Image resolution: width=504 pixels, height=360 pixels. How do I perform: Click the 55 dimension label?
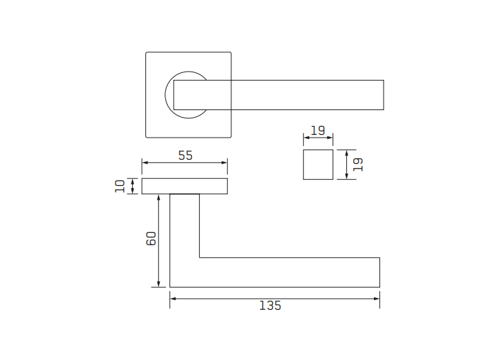(185, 156)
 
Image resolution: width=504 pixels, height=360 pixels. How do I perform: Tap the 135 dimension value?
(270, 306)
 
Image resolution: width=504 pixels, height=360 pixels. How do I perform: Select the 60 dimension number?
(152, 238)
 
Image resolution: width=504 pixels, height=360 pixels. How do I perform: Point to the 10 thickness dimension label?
(120, 186)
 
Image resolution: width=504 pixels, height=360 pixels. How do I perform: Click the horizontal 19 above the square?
(317, 131)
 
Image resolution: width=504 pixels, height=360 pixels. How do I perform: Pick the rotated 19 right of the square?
(357, 164)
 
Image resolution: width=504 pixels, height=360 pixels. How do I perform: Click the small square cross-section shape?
(317, 164)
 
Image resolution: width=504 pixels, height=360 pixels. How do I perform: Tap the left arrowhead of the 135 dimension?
(173, 298)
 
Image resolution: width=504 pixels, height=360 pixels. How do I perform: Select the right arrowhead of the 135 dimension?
(377, 298)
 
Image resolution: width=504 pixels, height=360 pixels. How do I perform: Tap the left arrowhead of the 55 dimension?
(145, 162)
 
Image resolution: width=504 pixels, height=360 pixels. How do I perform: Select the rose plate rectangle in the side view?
(185, 186)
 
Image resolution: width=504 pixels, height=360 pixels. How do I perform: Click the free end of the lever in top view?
(382, 95)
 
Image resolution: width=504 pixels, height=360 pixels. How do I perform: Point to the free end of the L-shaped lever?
(378, 272)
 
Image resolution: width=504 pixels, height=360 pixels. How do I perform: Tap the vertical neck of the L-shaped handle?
(185, 227)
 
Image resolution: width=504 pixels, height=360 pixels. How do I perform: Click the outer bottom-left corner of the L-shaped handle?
(170, 286)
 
